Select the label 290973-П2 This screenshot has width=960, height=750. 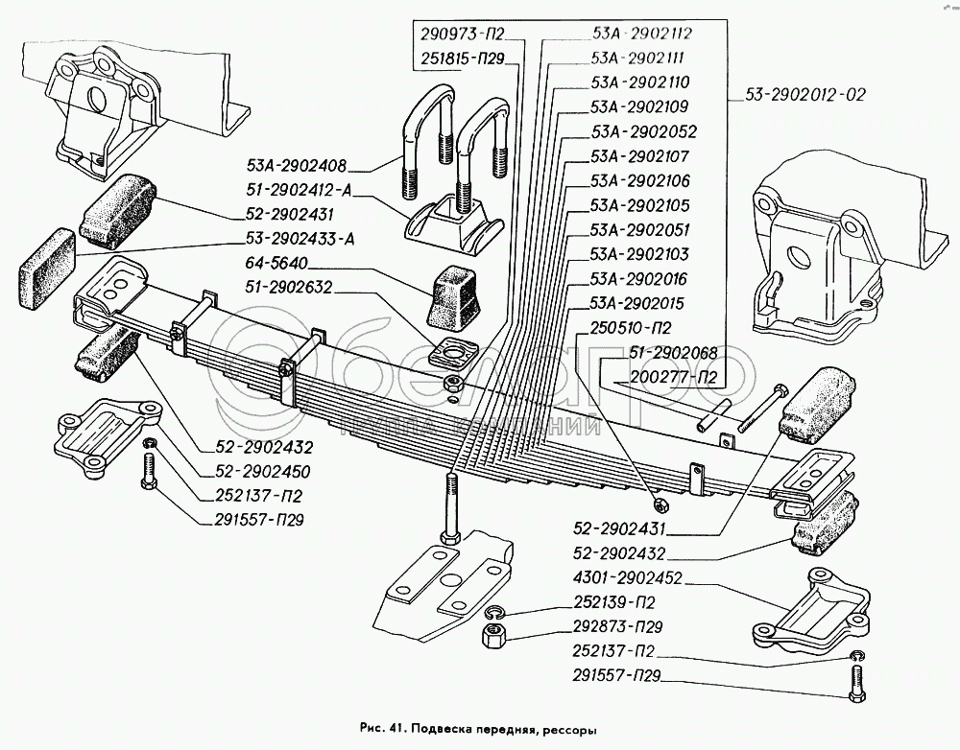[462, 33]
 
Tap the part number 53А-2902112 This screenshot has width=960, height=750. [642, 33]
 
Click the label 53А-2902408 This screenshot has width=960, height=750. [295, 164]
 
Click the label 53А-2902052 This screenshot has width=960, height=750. [642, 132]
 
